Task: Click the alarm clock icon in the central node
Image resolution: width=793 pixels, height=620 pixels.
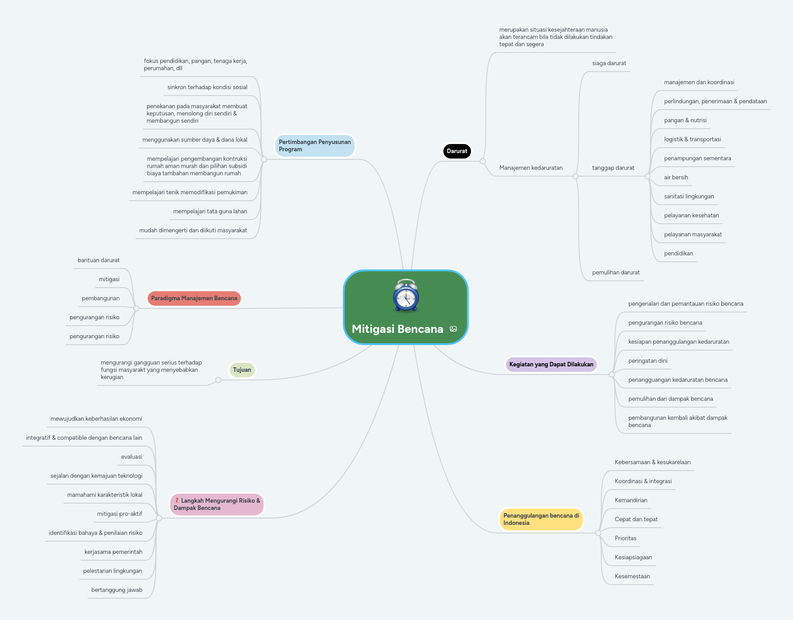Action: [x=406, y=295]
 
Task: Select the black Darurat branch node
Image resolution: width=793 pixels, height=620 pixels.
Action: [x=457, y=151]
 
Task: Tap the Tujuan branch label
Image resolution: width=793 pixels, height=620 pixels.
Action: [x=242, y=370]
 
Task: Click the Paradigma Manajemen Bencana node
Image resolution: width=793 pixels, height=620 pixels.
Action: [x=194, y=298]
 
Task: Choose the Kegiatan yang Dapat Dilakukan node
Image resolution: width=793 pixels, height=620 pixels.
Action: [x=551, y=365]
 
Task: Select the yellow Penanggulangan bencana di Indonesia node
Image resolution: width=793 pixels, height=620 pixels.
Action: [x=541, y=519]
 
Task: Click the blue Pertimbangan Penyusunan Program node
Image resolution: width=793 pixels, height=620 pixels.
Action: [x=314, y=146]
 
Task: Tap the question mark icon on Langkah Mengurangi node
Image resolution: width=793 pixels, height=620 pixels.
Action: [x=177, y=500]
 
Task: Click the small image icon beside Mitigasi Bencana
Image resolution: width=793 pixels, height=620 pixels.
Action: [x=453, y=329]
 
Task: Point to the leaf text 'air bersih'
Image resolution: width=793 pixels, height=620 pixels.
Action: [x=676, y=178]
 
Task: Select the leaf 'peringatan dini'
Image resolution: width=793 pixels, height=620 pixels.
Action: [x=648, y=361]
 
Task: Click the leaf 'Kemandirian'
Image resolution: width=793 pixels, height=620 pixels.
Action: [x=631, y=500]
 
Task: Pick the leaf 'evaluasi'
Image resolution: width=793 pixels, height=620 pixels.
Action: [x=131, y=457]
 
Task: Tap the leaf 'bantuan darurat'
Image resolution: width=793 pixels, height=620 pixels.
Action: [x=98, y=260]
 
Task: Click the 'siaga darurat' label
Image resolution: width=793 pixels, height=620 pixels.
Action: [x=609, y=63]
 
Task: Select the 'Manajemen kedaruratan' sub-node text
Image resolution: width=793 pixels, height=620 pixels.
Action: [x=531, y=168]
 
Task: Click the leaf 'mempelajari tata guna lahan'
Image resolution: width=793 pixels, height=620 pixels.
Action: [x=210, y=211]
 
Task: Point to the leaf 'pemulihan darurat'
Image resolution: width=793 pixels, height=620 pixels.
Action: [x=615, y=273]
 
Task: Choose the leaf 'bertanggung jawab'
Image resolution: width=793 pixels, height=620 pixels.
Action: [x=116, y=590]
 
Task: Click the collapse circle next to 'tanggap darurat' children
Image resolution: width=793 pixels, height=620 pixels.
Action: [x=648, y=176]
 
